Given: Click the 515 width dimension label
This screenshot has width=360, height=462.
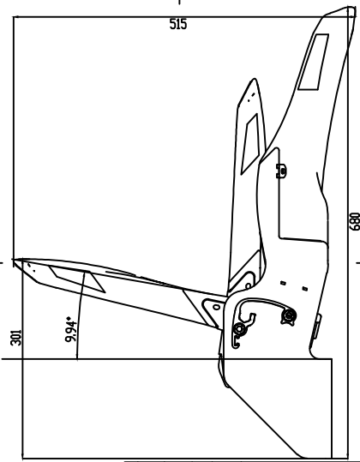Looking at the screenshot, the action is click(x=178, y=24).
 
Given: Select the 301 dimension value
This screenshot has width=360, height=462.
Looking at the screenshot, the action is click(x=16, y=338).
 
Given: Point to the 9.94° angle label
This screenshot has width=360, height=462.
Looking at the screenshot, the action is click(x=70, y=329).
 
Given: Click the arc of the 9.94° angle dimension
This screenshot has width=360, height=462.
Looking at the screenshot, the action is click(x=80, y=315).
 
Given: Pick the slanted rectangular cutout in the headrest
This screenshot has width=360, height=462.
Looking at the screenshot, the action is click(x=314, y=62).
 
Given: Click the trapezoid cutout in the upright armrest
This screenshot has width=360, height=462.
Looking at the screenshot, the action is click(x=250, y=144).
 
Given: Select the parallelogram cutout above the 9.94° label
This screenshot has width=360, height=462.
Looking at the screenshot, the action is click(x=77, y=278).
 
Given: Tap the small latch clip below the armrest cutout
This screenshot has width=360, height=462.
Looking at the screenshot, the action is click(x=281, y=171).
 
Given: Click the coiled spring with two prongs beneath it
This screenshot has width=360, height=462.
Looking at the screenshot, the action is click(x=288, y=317).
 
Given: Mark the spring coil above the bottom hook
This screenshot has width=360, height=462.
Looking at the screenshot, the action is click(x=239, y=329).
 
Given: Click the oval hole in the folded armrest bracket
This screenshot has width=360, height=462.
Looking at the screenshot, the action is click(x=217, y=307).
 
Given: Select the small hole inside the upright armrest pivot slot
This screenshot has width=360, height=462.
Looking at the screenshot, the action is click(x=248, y=285).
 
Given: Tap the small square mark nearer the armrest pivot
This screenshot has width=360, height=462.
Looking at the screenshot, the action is click(x=283, y=283).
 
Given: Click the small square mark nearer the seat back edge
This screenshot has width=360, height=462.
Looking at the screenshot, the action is click(x=305, y=289).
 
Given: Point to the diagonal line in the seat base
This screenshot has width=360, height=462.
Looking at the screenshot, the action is click(x=263, y=423).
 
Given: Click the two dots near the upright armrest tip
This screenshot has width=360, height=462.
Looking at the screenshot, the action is click(x=251, y=98).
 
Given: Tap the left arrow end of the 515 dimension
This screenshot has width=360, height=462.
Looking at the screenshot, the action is click(x=15, y=17).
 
